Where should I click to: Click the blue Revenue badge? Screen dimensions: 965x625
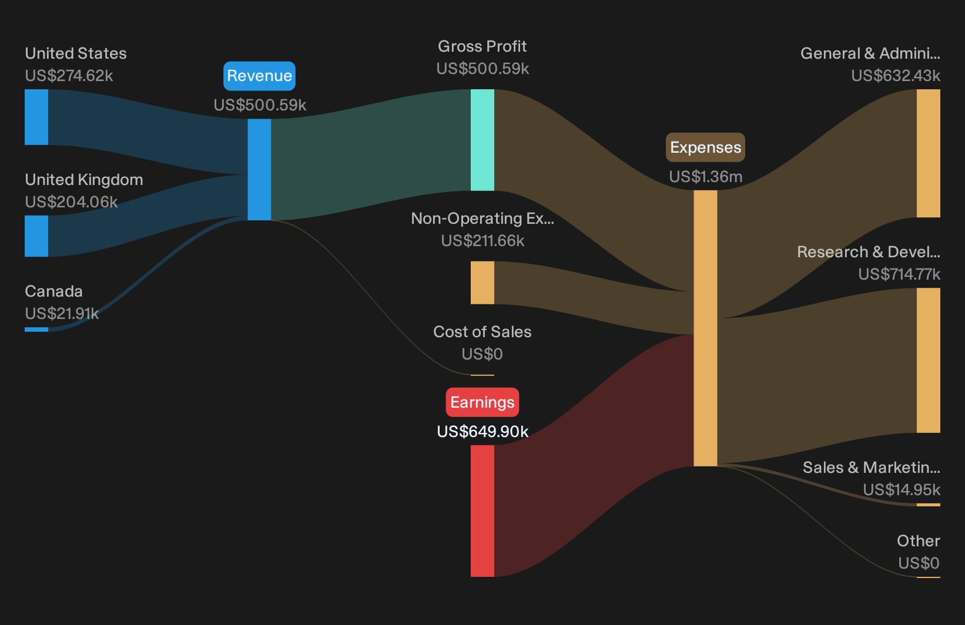[x=259, y=76]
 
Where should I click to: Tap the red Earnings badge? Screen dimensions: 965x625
[x=482, y=402]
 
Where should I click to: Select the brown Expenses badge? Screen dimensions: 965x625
[x=705, y=147]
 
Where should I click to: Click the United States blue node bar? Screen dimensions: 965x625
[x=36, y=117]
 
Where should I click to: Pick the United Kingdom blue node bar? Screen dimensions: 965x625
[x=36, y=236]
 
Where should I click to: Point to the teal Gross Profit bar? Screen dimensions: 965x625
[x=482, y=140]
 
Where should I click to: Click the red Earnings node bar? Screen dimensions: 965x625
[x=482, y=511]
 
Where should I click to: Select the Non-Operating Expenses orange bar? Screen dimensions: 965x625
[x=482, y=283]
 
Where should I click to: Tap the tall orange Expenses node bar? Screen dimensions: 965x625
[x=705, y=328]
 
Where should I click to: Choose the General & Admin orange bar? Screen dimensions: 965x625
[x=929, y=153]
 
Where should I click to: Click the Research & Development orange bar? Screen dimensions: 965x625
[x=929, y=361]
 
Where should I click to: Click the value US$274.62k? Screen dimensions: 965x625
[x=69, y=76]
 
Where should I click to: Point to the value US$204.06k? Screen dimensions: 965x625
[x=71, y=202]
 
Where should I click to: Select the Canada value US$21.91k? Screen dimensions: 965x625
[x=62, y=314]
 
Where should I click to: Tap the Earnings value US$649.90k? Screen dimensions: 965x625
[x=482, y=432]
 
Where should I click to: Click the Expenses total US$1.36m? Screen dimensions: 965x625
[x=706, y=177]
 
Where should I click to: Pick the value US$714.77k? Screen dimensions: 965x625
[x=899, y=274]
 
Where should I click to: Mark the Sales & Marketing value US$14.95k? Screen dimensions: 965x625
[x=902, y=490]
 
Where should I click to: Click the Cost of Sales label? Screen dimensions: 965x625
[x=482, y=332]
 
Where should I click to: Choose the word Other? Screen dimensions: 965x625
[x=919, y=541]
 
